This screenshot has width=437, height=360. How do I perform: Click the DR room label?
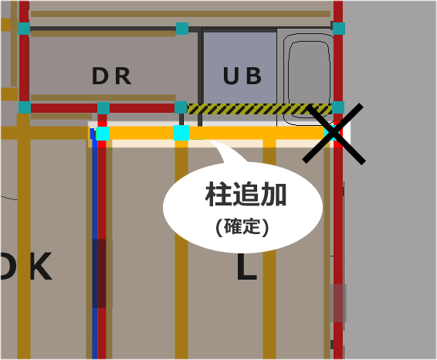(x=111, y=76)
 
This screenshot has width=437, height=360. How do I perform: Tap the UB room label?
(x=242, y=76)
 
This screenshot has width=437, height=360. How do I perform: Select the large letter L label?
(x=247, y=267)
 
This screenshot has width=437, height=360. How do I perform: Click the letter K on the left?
(x=41, y=266)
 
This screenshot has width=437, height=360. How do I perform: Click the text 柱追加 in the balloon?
(x=246, y=194)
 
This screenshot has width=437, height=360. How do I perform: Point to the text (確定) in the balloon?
(x=242, y=226)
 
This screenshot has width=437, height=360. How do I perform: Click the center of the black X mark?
(x=334, y=134)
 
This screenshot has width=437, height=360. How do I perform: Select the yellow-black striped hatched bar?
(x=259, y=109)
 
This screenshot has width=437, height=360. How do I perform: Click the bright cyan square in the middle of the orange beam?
(x=181, y=133)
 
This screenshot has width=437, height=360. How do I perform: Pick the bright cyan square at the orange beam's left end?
(x=103, y=134)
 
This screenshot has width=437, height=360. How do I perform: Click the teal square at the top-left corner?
(x=24, y=29)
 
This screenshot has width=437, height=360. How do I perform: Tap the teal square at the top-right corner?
(x=339, y=29)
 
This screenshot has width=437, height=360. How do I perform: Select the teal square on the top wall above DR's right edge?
(x=182, y=29)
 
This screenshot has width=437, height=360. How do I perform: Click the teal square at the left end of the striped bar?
(x=181, y=107)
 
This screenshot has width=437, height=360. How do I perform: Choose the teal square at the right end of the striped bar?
(x=338, y=107)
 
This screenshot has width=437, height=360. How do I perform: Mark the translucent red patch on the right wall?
(x=338, y=303)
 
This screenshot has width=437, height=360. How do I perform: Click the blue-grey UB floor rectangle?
(x=240, y=68)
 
